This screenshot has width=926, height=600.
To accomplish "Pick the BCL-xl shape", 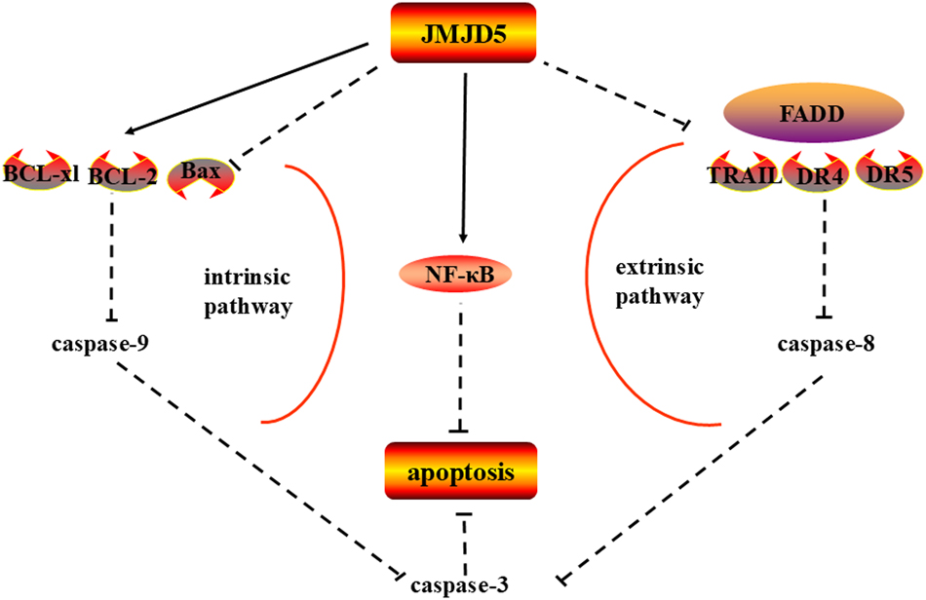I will [41, 173].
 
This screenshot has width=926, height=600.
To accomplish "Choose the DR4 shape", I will [825, 176].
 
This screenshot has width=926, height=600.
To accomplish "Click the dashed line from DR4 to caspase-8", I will [825, 258].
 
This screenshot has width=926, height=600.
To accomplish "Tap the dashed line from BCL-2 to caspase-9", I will [113, 258].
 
